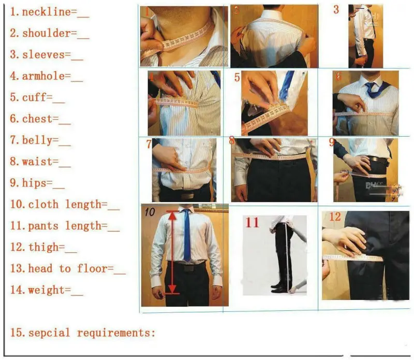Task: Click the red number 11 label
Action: pos(252,223)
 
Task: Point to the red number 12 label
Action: pos(335,217)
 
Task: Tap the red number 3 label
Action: pos(336,9)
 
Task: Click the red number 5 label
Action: pos(237,78)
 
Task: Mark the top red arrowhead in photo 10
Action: pos(171,212)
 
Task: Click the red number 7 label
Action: pos(149,144)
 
